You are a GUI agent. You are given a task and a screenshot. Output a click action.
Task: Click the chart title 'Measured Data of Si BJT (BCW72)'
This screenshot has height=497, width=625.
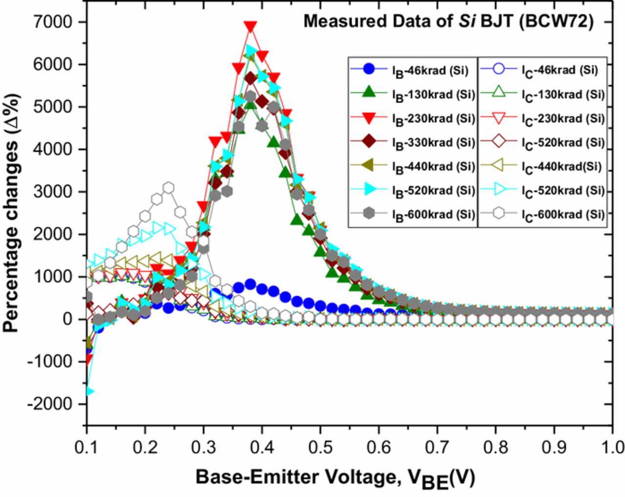(x=448, y=22)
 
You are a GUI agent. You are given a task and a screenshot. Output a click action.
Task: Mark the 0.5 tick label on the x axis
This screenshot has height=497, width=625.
(x=320, y=447)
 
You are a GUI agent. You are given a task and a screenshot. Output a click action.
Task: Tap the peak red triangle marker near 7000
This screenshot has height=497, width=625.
(x=250, y=26)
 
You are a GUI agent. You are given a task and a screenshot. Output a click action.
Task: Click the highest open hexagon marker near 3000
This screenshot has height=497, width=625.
(x=168, y=187)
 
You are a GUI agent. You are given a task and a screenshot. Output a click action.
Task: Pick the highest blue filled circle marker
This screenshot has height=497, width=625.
(x=250, y=284)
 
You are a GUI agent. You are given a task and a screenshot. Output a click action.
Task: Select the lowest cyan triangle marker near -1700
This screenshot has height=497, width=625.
(x=88, y=391)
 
